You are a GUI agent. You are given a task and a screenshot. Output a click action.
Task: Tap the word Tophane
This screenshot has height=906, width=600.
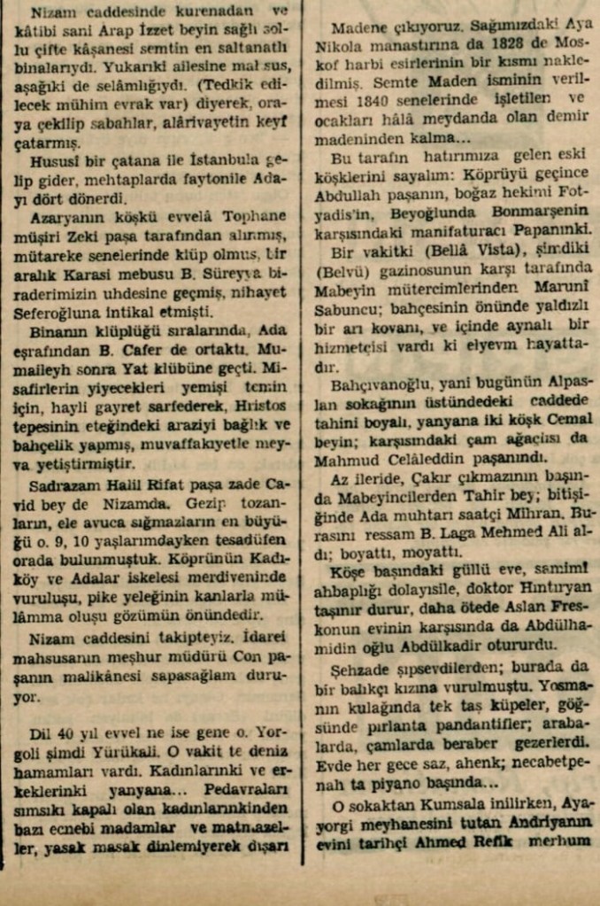click(x=254, y=215)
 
